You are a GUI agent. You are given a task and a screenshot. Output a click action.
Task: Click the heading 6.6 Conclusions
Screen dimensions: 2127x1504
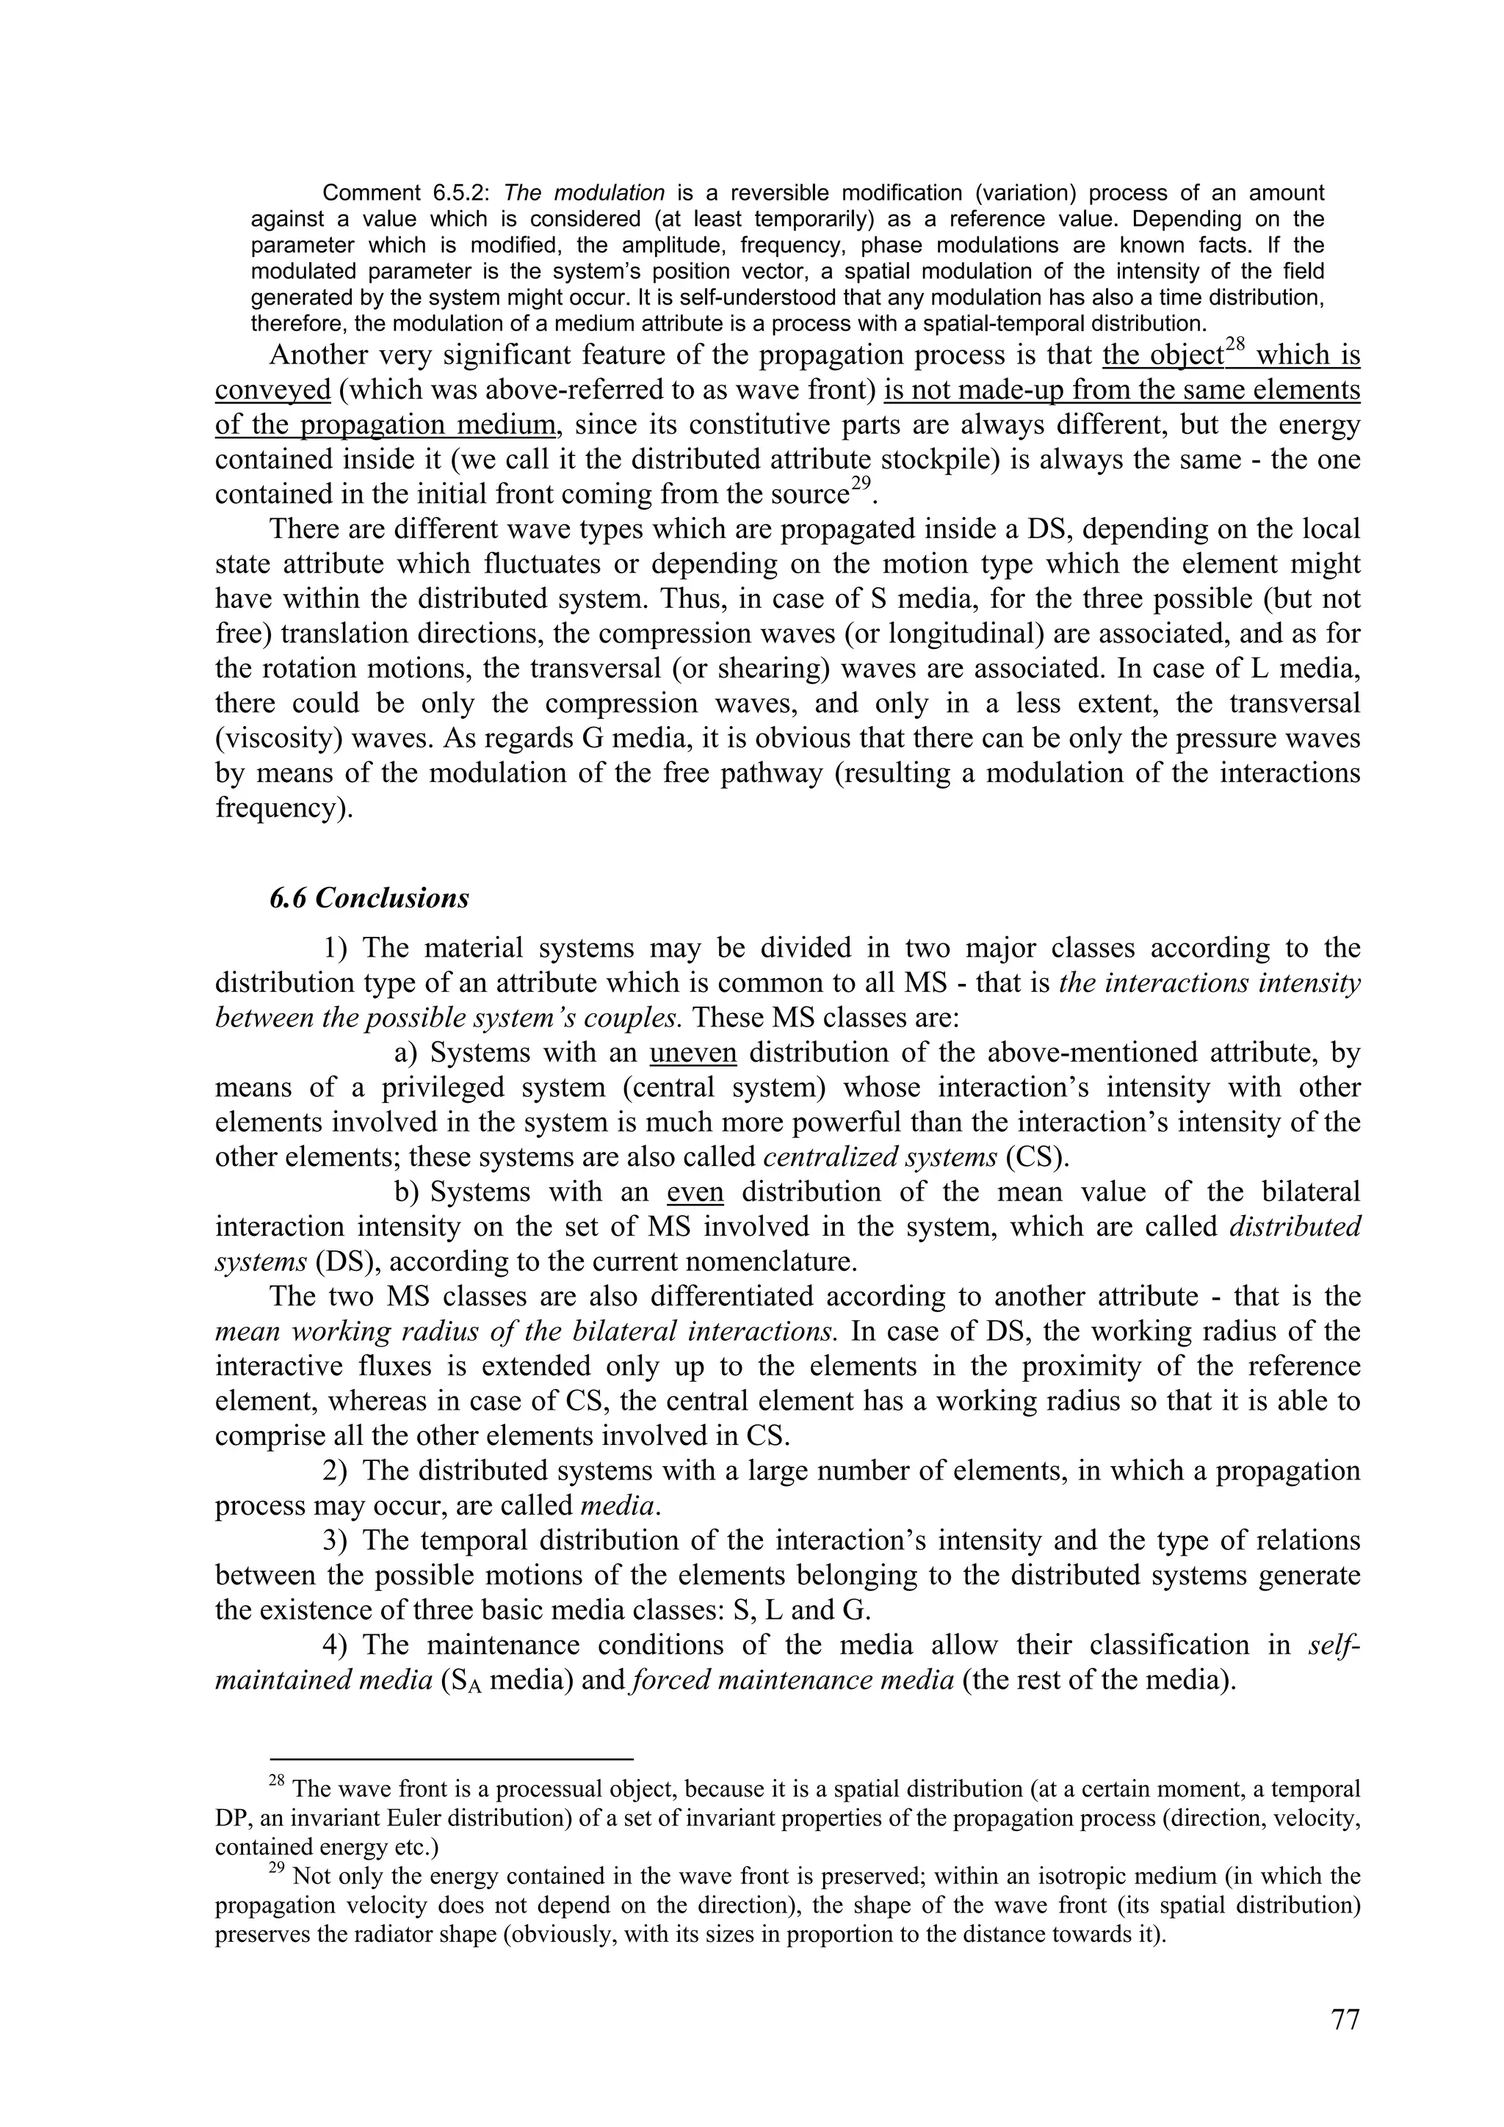point(369,898)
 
